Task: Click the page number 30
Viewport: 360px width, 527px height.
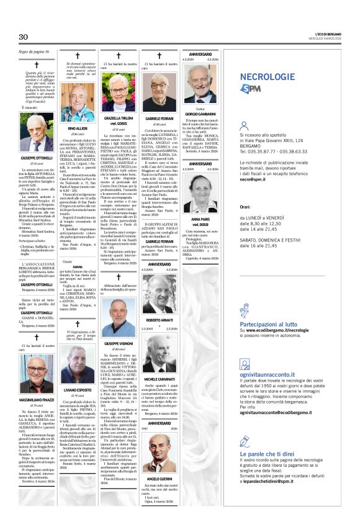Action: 24,37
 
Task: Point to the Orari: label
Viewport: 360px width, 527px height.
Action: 246,208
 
